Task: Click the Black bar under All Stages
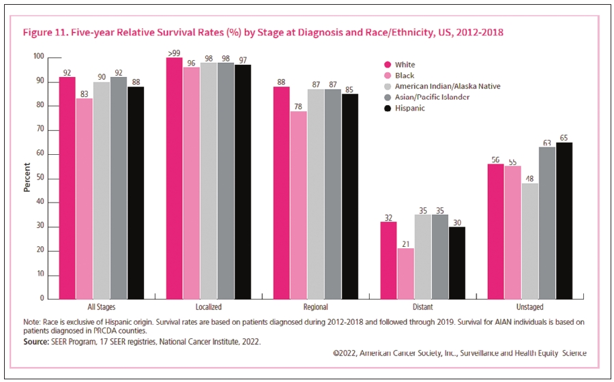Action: click(x=84, y=199)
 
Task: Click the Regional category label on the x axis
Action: click(x=316, y=308)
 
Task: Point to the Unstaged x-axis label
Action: click(x=530, y=308)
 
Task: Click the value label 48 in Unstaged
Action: click(x=530, y=178)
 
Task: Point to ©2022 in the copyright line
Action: click(x=345, y=353)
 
